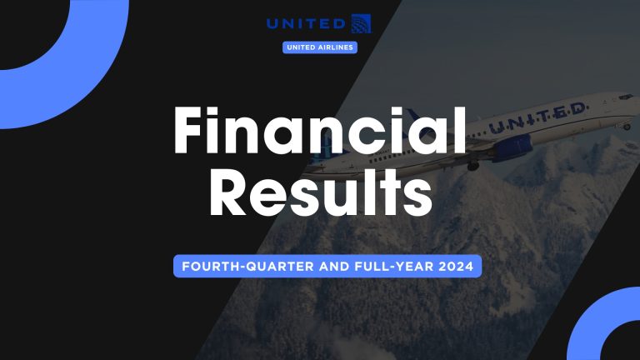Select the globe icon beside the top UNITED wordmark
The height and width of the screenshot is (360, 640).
[x=362, y=22]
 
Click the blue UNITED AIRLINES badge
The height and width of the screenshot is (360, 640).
[x=321, y=47]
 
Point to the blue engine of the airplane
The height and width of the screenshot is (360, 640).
[x=513, y=147]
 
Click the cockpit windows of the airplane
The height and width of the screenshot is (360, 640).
[x=624, y=97]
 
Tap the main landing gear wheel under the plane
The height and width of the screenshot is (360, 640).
[x=473, y=165]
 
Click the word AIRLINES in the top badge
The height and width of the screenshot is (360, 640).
[x=336, y=47]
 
